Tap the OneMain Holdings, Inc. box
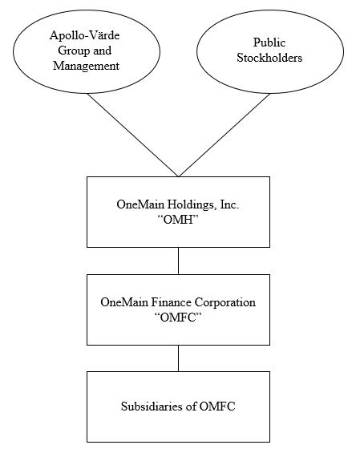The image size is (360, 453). (x=178, y=212)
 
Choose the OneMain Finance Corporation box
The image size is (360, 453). (x=178, y=309)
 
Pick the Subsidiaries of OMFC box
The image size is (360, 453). (x=178, y=406)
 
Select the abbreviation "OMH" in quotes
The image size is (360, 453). (x=178, y=220)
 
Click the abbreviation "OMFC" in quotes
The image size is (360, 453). (x=178, y=317)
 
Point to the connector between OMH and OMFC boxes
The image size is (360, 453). (x=178, y=260)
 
